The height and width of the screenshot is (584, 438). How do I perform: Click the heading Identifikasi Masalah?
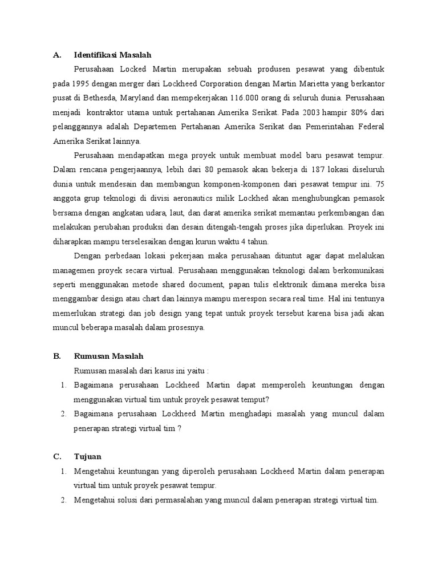pyautogui.click(x=112, y=55)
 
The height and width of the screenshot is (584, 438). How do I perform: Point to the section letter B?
pyautogui.click(x=56, y=356)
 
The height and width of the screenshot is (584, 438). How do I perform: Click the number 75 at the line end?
pyautogui.click(x=379, y=184)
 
